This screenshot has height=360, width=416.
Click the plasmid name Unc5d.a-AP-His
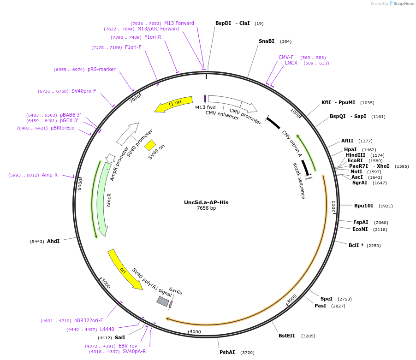[x=206, y=202]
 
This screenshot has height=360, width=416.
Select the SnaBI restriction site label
[x=266, y=41]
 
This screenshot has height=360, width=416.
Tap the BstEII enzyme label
[x=286, y=336]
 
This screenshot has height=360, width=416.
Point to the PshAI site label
[x=227, y=352]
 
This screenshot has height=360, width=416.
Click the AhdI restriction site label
[x=53, y=241]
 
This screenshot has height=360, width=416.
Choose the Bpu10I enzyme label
[x=363, y=206]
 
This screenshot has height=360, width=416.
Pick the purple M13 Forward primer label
[x=179, y=23]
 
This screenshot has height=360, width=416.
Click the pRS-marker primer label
[x=101, y=69]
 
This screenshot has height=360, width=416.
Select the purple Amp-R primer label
[x=50, y=175]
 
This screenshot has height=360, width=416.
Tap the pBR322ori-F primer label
[x=89, y=320]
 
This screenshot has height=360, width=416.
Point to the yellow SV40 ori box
[x=150, y=145]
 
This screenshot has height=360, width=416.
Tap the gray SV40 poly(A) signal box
[x=163, y=301]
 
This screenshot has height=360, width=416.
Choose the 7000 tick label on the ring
[x=134, y=99]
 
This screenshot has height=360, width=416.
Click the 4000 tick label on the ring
[x=196, y=331]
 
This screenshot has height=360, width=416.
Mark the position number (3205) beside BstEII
[x=308, y=336]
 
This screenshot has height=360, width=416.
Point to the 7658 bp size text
[x=206, y=208]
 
